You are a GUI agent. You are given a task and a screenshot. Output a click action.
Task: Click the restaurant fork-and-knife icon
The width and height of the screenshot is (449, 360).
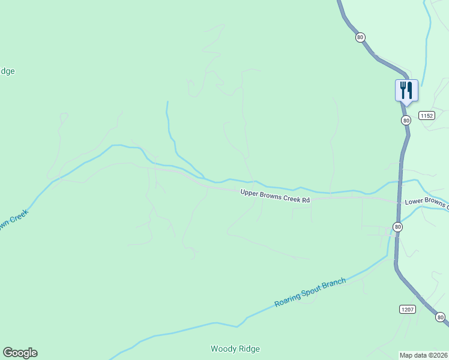(406, 91)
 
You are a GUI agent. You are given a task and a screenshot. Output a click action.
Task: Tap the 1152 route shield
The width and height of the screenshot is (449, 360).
(427, 115)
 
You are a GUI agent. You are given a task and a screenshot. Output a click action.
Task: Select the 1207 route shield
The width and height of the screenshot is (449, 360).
(407, 309)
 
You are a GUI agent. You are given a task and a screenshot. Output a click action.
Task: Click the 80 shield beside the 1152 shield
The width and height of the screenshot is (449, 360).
(406, 121)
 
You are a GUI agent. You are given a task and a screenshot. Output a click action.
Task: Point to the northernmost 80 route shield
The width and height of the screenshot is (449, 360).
(360, 37)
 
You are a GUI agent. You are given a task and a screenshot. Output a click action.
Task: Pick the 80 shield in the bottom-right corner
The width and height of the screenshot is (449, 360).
(440, 317)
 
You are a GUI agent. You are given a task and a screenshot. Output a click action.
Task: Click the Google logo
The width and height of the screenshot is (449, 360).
(20, 353)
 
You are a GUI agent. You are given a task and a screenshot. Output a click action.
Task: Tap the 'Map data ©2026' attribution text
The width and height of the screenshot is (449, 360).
(423, 355)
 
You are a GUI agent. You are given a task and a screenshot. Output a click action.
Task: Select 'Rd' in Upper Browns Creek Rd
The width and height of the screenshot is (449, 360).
(306, 200)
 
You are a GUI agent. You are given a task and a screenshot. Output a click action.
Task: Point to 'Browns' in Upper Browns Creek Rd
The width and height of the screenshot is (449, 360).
(271, 195)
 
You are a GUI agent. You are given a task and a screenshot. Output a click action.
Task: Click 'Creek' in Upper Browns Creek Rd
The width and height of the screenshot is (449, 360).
(292, 198)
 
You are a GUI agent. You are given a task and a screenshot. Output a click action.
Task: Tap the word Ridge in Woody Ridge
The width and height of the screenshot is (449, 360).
(248, 349)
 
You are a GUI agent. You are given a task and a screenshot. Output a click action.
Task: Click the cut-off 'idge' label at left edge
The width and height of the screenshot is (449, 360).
(7, 71)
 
